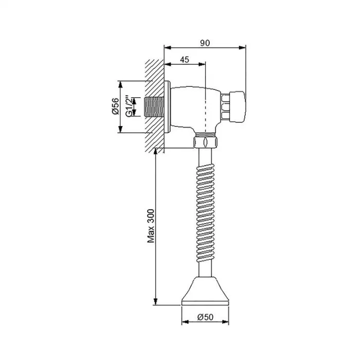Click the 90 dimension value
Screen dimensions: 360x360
point(205,43)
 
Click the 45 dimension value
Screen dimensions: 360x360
point(185,60)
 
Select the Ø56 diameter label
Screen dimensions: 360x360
point(116,106)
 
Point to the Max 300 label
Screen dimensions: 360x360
point(151,226)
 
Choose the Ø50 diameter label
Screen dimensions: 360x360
point(205,317)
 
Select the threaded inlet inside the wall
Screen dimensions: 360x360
point(154,107)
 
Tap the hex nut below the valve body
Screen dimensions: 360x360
point(205,142)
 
